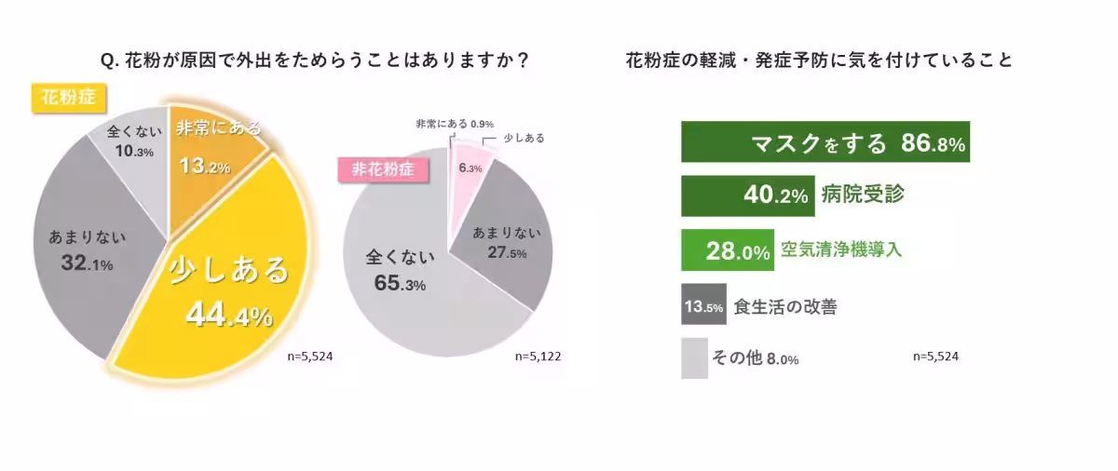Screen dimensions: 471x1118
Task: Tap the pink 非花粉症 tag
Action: [376, 170]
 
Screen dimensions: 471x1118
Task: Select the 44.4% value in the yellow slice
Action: [229, 315]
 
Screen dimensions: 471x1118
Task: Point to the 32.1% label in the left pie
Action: [87, 264]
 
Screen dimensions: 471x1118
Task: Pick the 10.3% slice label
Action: [122, 152]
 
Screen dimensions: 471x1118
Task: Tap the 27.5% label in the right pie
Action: [507, 253]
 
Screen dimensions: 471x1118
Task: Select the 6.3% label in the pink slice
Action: [470, 168]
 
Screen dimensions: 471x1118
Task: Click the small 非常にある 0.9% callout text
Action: [454, 124]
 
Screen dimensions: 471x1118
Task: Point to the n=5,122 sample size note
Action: [539, 356]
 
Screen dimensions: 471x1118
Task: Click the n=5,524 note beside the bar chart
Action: [935, 356]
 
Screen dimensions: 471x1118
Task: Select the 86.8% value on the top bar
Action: [933, 144]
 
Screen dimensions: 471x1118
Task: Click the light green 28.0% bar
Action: [728, 250]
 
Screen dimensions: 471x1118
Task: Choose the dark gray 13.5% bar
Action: [703, 304]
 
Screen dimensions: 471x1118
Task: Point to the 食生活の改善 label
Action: [784, 305]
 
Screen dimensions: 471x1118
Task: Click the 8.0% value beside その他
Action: [782, 360]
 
